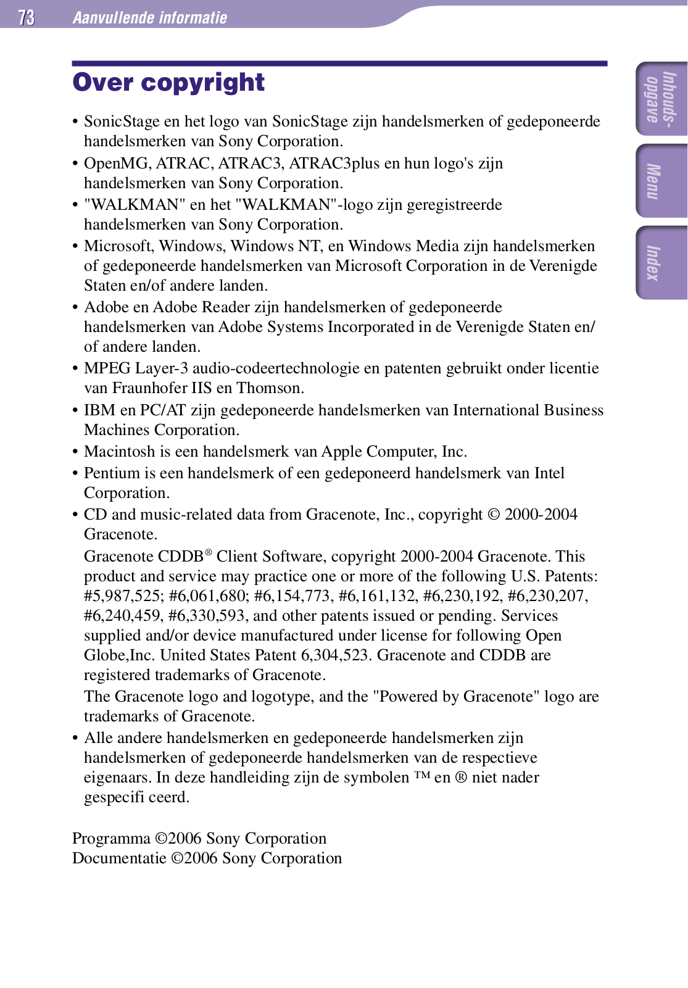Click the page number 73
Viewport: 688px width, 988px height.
[x=27, y=17]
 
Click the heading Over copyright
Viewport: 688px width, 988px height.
[x=168, y=83]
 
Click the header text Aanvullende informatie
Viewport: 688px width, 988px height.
[x=150, y=17]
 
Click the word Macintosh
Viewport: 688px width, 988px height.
[x=120, y=452]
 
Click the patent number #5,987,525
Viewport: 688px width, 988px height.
[x=123, y=596]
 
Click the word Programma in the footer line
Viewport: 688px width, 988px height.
[x=111, y=839]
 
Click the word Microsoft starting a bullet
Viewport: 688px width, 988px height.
[x=118, y=246]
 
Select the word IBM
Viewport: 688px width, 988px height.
[x=99, y=410]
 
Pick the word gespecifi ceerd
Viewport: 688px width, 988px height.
[x=136, y=797]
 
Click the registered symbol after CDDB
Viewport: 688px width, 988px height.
[x=209, y=552]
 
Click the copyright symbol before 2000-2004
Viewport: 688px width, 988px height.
[x=494, y=515]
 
